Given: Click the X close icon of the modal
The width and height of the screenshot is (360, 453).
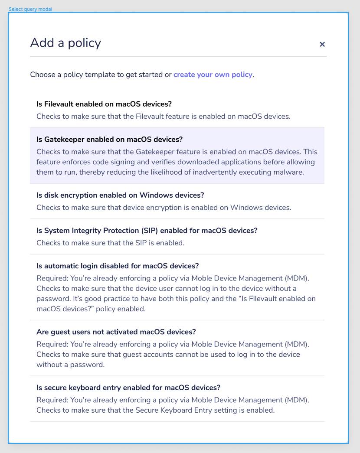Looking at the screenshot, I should (x=322, y=44).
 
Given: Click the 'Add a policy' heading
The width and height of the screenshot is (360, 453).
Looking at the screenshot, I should (x=65, y=43).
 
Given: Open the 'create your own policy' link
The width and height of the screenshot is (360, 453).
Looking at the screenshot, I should (x=213, y=75).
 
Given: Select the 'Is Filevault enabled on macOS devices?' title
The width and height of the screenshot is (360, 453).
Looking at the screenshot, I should (x=104, y=104).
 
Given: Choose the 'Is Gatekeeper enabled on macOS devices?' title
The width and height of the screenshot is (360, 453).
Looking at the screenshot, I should (x=109, y=140).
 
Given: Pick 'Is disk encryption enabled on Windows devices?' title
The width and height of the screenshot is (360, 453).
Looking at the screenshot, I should (x=120, y=195).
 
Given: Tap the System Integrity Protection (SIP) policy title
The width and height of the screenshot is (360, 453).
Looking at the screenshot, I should (x=147, y=231).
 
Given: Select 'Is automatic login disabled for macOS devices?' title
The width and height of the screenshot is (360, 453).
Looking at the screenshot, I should (x=118, y=266).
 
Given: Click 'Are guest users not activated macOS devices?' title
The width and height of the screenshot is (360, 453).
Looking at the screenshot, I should (x=116, y=332).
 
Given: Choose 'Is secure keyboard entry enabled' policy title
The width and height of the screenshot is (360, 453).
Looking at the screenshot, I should (x=128, y=388).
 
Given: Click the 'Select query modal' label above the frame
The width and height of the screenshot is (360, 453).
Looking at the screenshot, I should (x=30, y=9).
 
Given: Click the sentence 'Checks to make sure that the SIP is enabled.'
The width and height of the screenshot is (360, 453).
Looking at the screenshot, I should (x=110, y=243).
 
